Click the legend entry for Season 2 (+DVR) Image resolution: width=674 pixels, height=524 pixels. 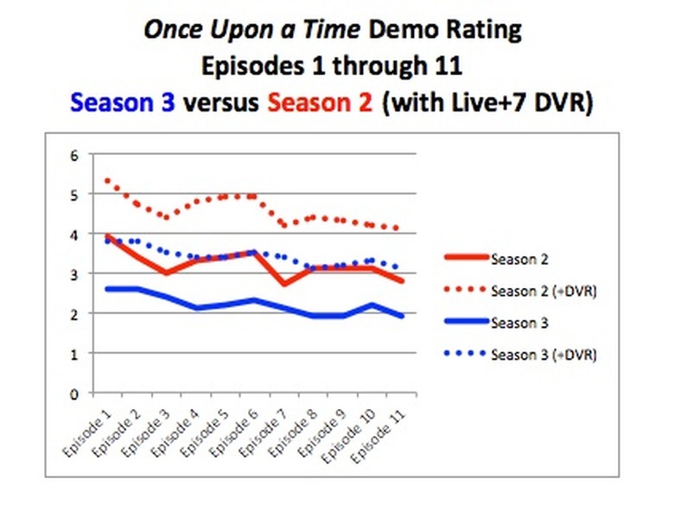543,291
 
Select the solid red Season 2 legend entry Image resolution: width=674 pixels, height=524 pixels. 519,258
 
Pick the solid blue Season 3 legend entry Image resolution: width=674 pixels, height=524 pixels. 519,323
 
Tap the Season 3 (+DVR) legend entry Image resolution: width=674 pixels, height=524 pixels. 543,355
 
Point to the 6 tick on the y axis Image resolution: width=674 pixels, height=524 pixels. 74,156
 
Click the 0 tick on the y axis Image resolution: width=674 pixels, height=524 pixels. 74,393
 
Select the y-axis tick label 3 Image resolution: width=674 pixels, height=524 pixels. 74,275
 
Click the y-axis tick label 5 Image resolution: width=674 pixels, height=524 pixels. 74,195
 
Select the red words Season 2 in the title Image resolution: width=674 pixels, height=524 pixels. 320,101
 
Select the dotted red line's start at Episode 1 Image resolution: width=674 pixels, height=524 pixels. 107,181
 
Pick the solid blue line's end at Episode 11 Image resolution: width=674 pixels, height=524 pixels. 402,316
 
